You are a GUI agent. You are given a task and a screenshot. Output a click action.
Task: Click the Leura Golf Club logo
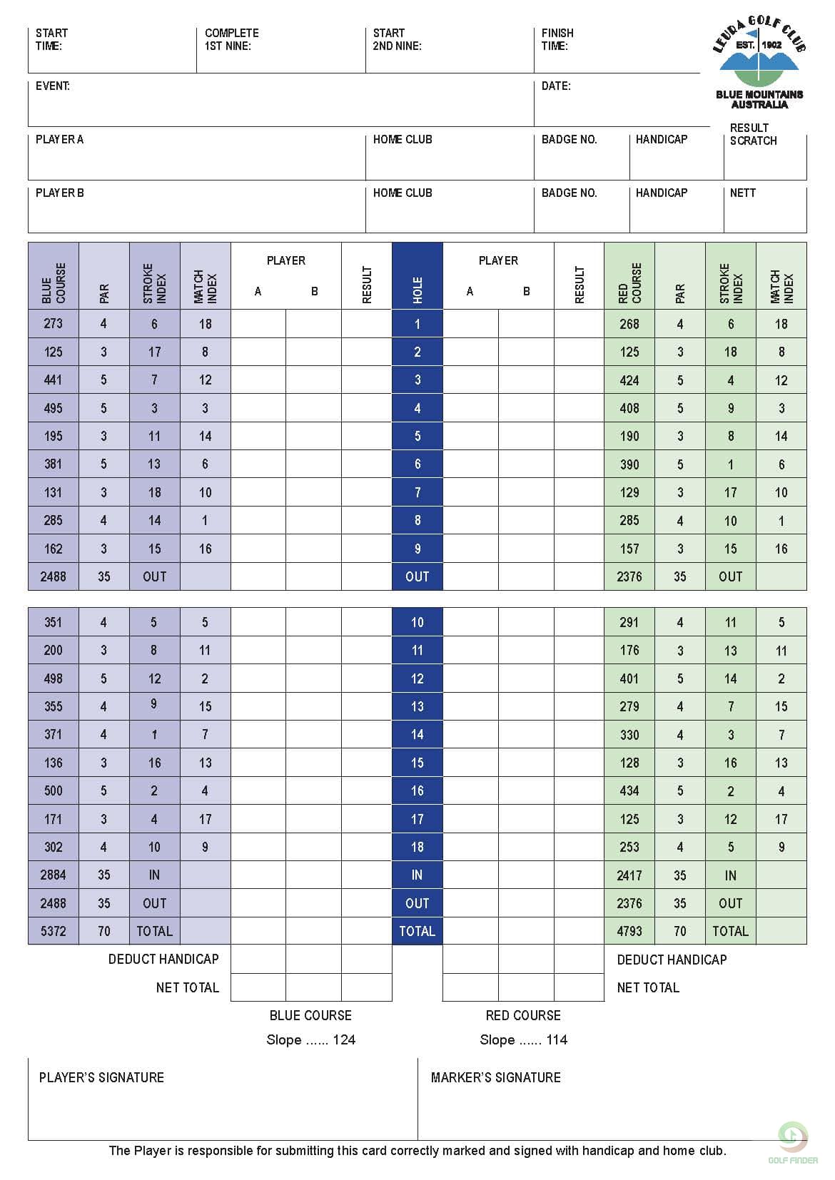[759, 63]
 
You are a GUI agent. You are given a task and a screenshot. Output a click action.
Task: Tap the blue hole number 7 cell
[417, 492]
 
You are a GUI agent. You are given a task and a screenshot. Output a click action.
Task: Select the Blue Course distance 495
[54, 408]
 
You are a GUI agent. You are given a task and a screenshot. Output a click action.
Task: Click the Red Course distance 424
[629, 380]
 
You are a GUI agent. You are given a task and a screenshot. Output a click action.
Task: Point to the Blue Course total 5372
[54, 931]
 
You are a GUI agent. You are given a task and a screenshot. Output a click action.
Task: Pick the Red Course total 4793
[629, 931]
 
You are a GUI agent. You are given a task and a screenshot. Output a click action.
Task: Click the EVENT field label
[53, 86]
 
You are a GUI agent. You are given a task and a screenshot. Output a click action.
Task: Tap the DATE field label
[556, 86]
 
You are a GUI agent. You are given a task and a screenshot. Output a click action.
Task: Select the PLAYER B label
[60, 193]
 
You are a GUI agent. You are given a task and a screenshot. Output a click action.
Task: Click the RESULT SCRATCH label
[753, 134]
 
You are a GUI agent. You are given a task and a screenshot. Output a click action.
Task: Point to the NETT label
[743, 193]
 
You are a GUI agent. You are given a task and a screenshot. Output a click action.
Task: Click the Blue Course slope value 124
[344, 1039]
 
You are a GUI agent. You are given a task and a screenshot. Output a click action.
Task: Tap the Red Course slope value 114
[557, 1039]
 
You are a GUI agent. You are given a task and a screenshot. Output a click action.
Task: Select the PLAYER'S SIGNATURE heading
[101, 1077]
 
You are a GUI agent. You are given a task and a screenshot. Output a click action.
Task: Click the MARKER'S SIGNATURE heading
[496, 1077]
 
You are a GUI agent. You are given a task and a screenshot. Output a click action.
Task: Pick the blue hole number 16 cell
[417, 790]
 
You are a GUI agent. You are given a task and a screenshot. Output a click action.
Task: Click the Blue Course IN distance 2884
[54, 875]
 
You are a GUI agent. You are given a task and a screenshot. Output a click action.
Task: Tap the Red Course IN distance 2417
[629, 875]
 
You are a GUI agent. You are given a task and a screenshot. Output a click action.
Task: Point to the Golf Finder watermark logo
[793, 1142]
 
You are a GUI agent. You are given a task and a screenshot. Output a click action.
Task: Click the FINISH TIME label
[557, 39]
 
